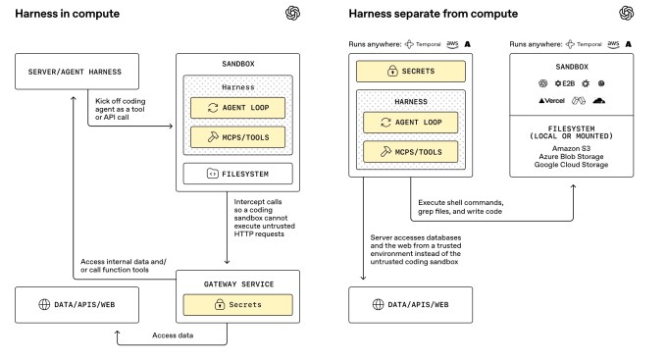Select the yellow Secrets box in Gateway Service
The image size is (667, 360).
(229, 304)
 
